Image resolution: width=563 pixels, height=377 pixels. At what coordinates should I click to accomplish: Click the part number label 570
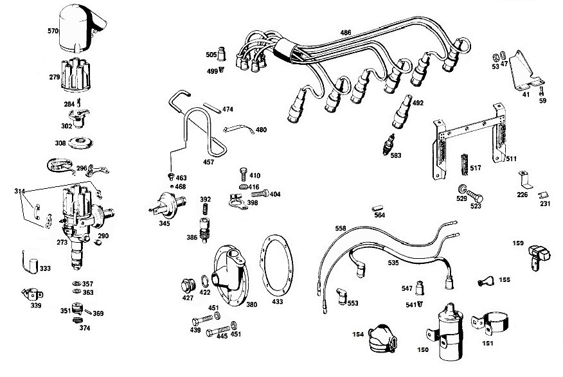click(53, 31)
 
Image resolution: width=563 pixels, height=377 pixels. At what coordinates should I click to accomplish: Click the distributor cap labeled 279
click(75, 75)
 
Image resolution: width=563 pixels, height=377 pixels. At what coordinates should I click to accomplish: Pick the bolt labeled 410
click(244, 174)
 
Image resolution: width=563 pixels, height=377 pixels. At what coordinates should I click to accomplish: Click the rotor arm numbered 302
click(78, 118)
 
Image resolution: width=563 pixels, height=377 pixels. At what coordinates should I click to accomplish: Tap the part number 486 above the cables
click(345, 33)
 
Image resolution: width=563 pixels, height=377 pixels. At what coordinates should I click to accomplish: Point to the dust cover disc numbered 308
click(80, 142)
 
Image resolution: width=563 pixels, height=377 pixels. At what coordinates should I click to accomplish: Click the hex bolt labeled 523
click(474, 196)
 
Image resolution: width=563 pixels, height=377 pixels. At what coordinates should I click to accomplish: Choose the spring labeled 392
click(206, 209)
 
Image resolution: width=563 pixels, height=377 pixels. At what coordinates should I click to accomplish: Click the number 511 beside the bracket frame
click(511, 159)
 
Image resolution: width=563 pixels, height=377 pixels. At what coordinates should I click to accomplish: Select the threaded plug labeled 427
click(188, 286)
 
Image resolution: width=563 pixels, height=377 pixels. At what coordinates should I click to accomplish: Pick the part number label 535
click(393, 263)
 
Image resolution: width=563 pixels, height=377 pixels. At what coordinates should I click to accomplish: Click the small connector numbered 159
click(539, 256)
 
